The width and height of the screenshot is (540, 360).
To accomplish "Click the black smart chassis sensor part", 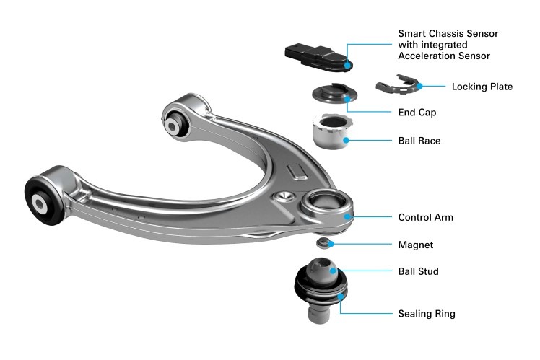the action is point(317,57).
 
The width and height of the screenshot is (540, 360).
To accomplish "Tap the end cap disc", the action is point(334,93).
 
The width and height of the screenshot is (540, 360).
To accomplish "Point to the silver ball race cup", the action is point(332,133).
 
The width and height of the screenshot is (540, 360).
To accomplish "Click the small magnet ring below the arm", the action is point(324,243).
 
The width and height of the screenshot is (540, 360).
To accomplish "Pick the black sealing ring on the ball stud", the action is point(321,287).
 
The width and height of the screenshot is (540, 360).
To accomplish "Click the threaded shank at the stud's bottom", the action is point(319,312).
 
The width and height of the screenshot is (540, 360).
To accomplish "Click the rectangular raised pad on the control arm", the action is point(296,172).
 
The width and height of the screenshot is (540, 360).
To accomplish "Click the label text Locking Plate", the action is point(482,87).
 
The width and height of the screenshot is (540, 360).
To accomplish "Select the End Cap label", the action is point(417,113).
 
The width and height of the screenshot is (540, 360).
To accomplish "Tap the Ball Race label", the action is point(419,141).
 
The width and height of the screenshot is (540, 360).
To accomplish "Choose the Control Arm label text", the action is point(426,217).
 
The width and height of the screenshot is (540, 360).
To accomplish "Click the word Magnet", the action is point(416,245).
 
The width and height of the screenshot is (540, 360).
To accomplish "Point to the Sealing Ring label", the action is point(427,314).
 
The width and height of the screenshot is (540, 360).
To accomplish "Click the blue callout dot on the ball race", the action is point(346,140).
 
